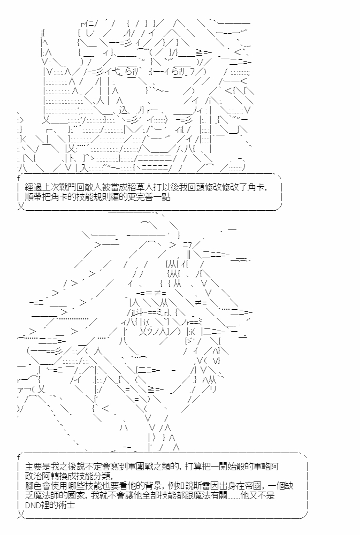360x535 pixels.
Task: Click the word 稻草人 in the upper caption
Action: coord(145,187)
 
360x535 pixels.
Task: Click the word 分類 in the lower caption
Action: coord(102,476)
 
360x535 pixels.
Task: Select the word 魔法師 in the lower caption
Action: coord(46,495)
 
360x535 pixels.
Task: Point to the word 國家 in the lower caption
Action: coord(77,495)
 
